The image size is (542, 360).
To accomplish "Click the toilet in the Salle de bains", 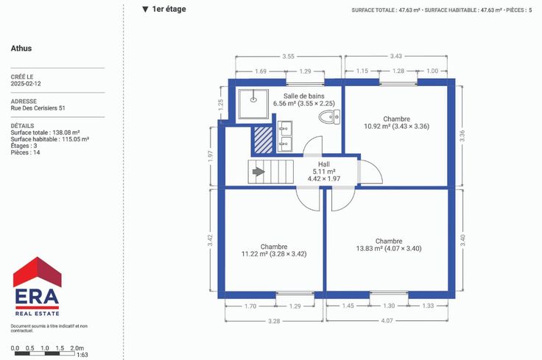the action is point(329,117).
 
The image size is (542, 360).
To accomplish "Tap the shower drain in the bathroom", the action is point(253,100).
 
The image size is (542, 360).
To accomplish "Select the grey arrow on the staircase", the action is point(258,172).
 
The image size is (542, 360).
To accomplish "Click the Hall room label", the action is point(324,164).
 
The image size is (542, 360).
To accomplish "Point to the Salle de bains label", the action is point(304,96).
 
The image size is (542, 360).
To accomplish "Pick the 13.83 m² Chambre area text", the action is point(389,248).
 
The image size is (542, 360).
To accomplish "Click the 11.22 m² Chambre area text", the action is point(274,254).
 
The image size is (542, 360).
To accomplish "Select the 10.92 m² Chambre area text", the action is point(396,127).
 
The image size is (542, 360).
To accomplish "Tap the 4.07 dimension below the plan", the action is point(387,321).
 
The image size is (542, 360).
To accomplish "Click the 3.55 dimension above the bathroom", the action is point(288,56).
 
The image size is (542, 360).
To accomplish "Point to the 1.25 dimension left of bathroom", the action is point(221,105).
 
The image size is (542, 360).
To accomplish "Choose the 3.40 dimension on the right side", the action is point(463,240).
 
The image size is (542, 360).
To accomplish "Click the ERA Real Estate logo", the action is point(37,286).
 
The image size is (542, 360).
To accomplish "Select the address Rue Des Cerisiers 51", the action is point(38,108).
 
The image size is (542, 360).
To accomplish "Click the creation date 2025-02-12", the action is point(26,84).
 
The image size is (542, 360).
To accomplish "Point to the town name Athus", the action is point(21,49).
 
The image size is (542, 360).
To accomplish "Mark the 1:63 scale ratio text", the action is point(82,355).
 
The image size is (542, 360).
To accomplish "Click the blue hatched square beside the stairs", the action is point(264,140).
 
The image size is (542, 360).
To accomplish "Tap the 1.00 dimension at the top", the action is point(432,71).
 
